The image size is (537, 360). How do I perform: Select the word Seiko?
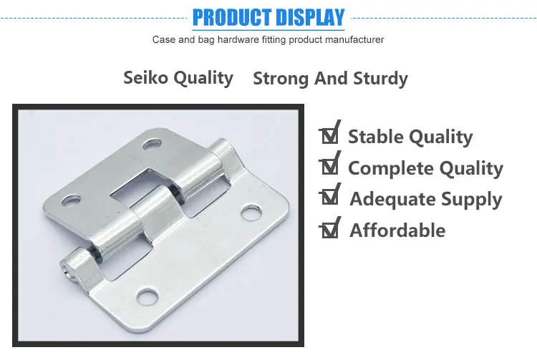coord(147,77)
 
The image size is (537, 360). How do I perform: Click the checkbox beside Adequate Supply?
coord(330,198)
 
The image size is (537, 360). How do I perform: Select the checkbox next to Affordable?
coord(330,229)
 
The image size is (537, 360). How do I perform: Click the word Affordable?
coord(397,230)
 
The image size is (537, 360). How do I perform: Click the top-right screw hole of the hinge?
coord(152,145)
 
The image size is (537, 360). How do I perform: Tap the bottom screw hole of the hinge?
coord(148,295)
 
